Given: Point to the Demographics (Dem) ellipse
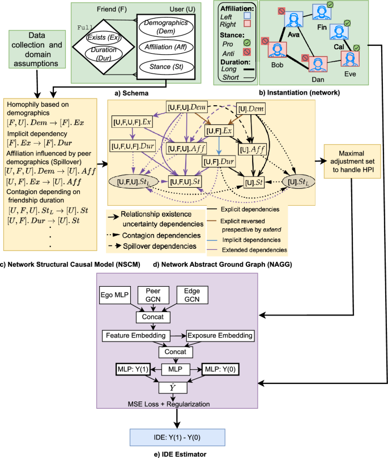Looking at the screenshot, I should point(167,26).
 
